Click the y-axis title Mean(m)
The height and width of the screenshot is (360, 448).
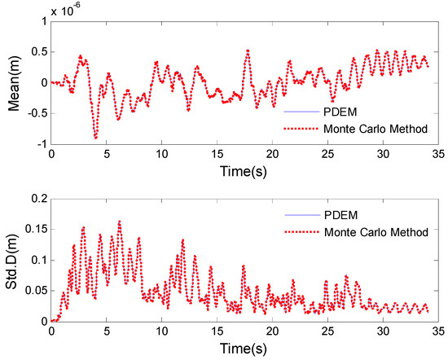point(15,82)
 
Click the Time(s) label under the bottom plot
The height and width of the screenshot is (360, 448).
point(243,345)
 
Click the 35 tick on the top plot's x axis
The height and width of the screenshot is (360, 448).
point(437,154)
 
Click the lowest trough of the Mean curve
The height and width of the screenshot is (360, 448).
point(95,138)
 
